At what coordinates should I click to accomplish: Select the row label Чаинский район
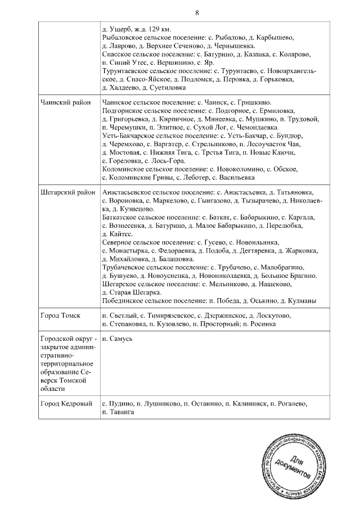coord(65,103)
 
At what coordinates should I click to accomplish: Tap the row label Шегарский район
coord(66,192)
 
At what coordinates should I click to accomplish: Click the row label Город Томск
coord(61,316)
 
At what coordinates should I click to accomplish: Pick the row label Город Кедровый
coord(66,404)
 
